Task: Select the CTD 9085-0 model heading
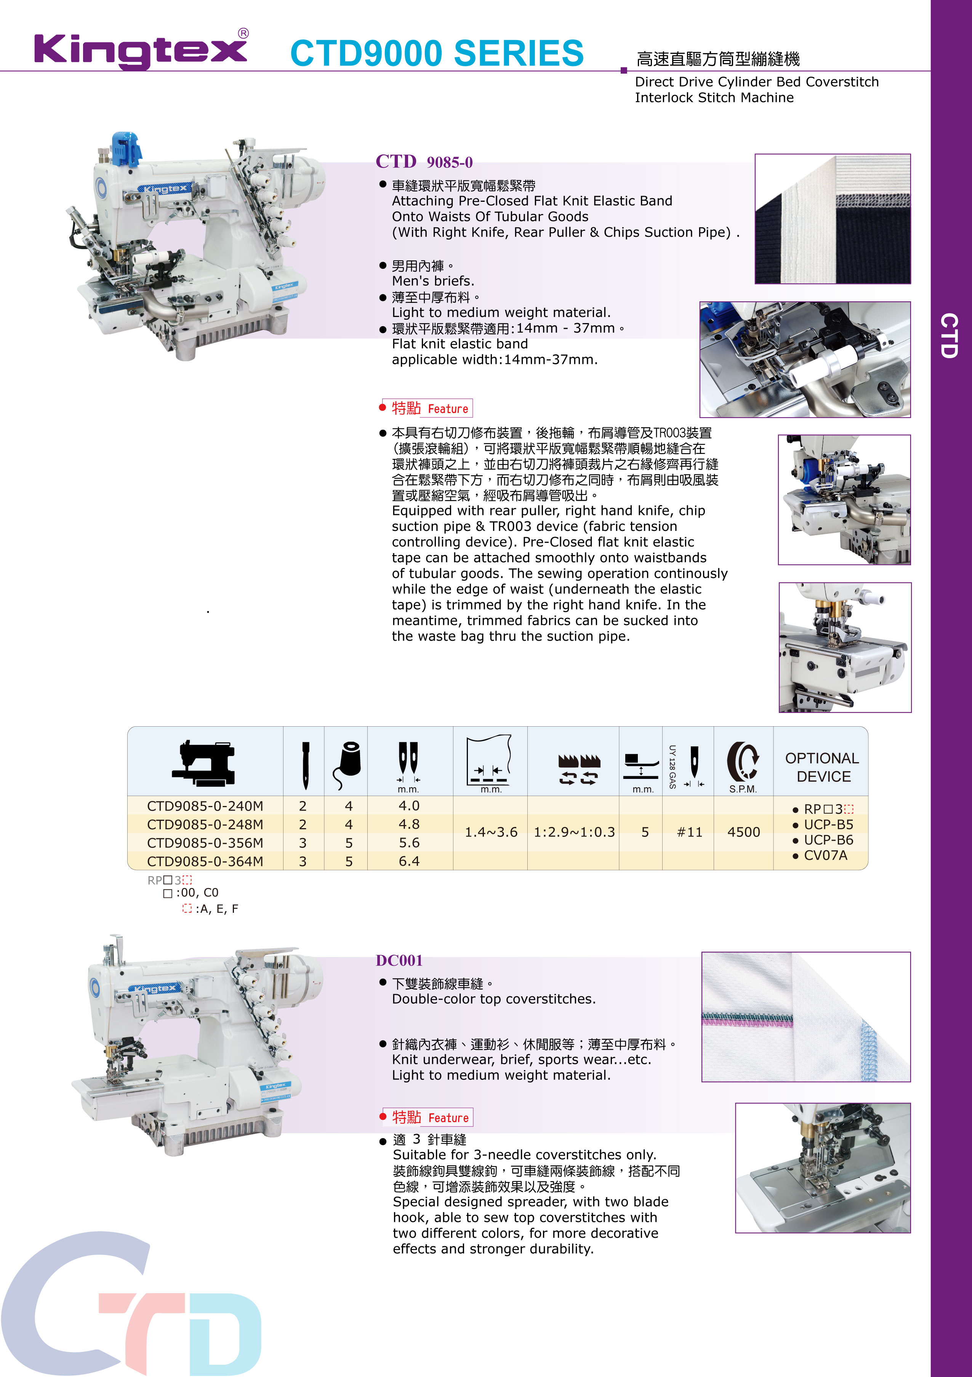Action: pos(424,161)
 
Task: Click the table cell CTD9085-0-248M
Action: pos(205,824)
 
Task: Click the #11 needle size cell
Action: pos(689,832)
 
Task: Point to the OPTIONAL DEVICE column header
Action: pos(822,767)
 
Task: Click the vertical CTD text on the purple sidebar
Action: pos(949,335)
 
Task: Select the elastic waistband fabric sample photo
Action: pos(833,219)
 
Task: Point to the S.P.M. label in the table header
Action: pos(743,789)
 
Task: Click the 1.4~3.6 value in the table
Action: pos(491,832)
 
